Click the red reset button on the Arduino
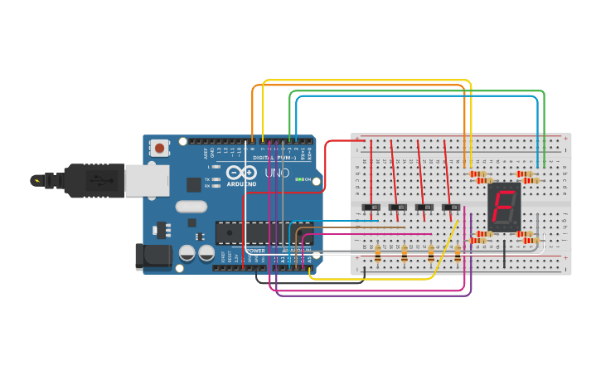coord(158,148)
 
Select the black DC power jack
coord(153,256)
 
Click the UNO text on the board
coord(277,173)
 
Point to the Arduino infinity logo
coord(242,172)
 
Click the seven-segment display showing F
coord(504,207)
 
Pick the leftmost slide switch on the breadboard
coord(372,207)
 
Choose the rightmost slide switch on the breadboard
coord(451,207)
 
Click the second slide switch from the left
coord(399,207)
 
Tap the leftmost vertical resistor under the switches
coord(378,253)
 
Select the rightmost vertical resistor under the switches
coord(458,253)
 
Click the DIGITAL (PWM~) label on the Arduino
coord(274,157)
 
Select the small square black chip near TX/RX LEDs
coord(193,185)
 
